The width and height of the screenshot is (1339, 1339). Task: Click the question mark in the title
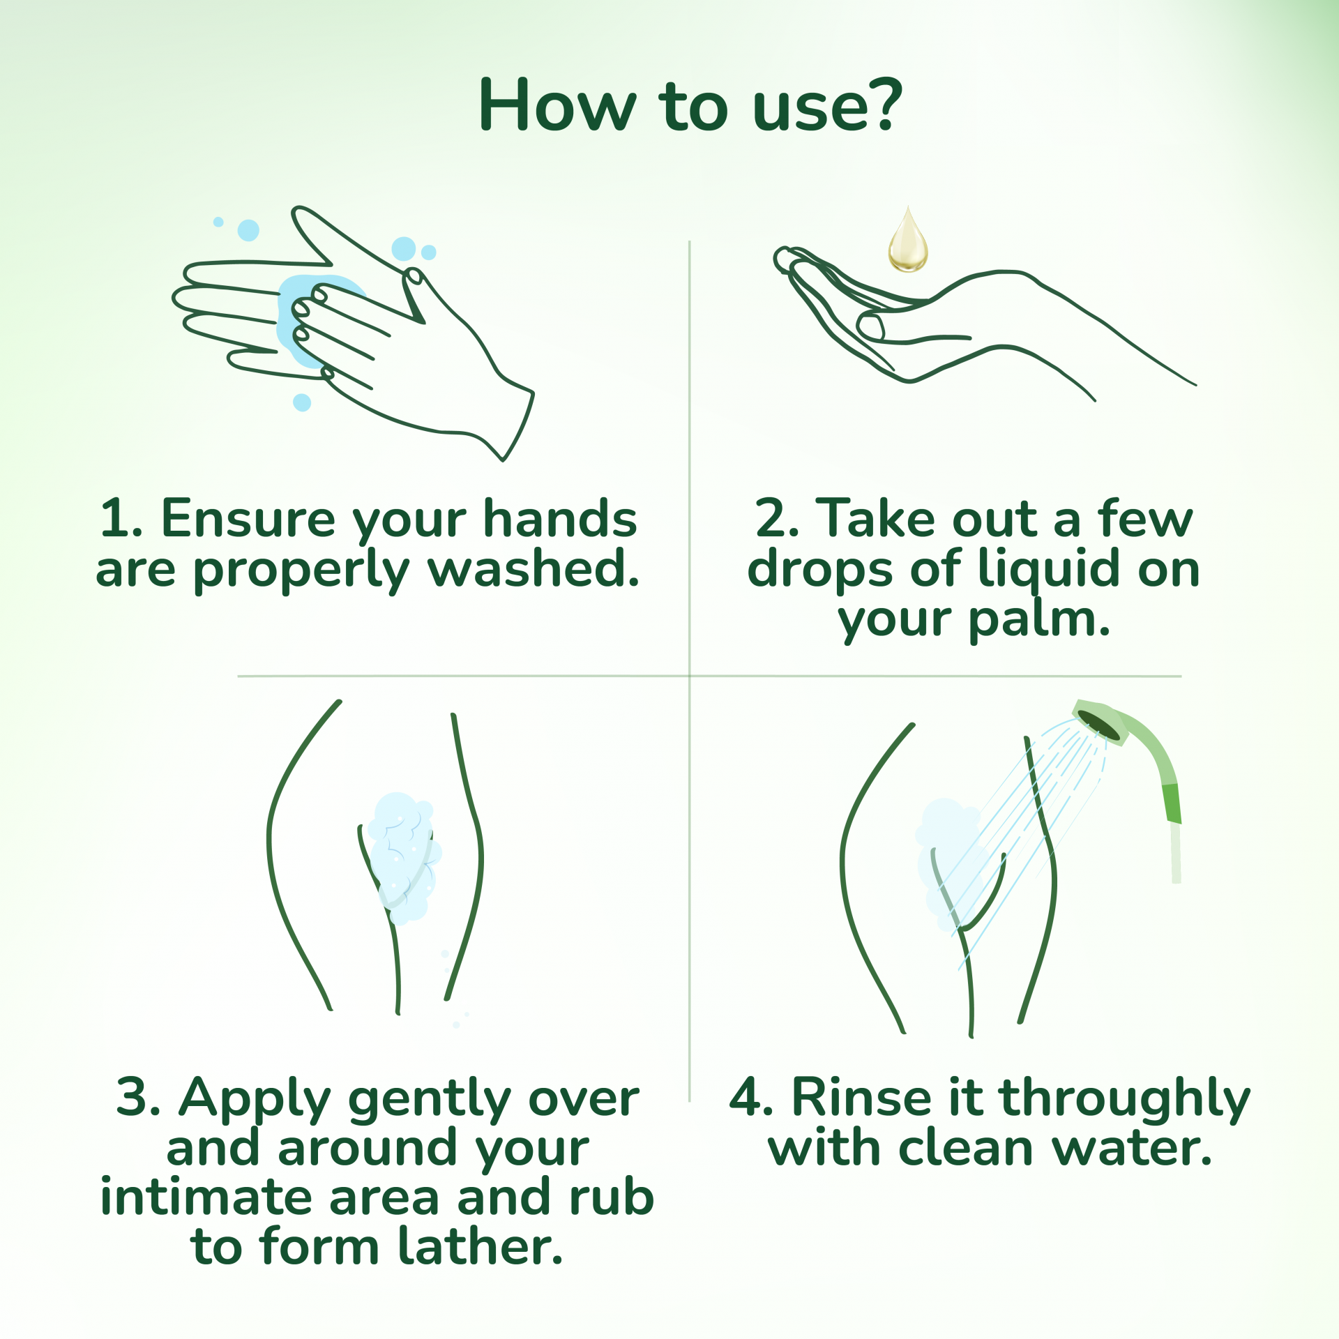[x=881, y=105]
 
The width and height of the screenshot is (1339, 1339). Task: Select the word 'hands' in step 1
[x=561, y=519]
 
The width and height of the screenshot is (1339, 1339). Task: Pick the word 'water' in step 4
[x=1124, y=1150]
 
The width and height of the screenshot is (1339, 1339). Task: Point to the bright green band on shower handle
[x=1171, y=803]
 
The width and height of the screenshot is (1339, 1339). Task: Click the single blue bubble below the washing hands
[x=302, y=402]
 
